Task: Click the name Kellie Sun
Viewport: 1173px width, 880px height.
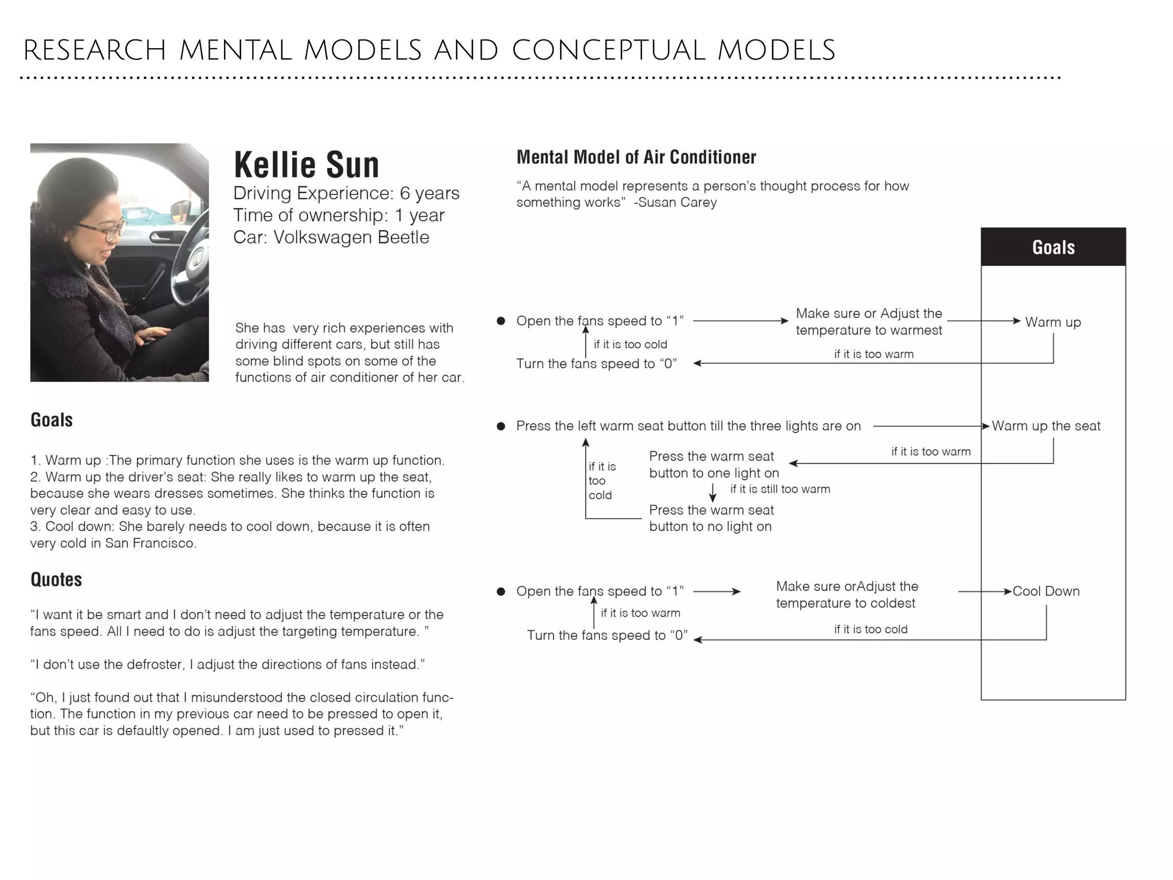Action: (306, 165)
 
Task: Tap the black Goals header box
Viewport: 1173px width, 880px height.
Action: (1053, 247)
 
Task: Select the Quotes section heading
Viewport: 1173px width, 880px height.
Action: (56, 579)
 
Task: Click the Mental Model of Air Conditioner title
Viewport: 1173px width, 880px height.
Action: (636, 157)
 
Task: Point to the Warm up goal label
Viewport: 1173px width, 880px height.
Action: (1053, 322)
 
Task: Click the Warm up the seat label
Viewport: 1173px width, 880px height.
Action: (1046, 426)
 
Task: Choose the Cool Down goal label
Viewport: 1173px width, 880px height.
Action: (1046, 591)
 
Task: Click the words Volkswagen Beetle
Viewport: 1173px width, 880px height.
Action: (351, 237)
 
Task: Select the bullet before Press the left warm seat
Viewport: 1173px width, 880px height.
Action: (501, 426)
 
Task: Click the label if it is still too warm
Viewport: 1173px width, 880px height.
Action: (780, 489)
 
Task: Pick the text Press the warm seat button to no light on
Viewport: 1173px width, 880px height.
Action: (711, 518)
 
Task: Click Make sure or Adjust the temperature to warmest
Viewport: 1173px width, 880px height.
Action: (868, 321)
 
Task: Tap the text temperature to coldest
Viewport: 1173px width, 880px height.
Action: (845, 603)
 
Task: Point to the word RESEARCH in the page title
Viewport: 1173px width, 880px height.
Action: (95, 50)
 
